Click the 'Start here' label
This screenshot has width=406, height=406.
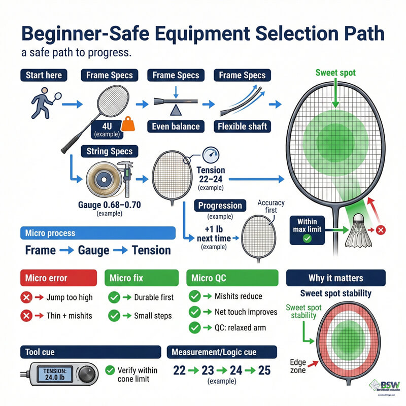tap(44, 75)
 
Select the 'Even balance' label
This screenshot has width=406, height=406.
tap(176, 126)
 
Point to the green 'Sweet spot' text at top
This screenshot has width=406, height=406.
tap(335, 73)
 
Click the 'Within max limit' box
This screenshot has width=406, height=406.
tap(308, 229)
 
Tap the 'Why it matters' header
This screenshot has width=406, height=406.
tap(335, 278)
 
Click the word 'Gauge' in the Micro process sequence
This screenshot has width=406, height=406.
tap(94, 250)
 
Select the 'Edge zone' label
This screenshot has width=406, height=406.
tap(299, 366)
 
